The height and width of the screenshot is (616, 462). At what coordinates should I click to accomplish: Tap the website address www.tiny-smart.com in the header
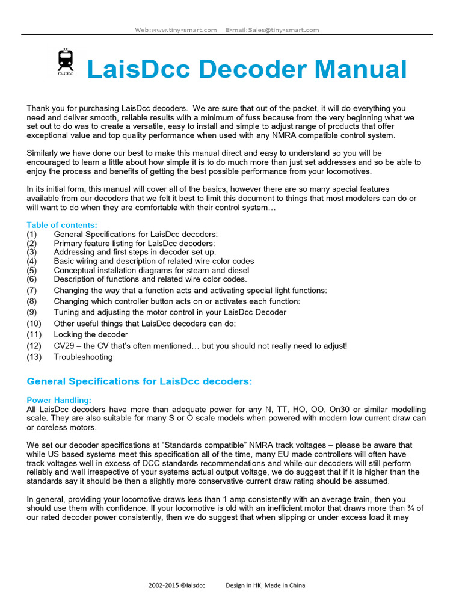tap(183, 29)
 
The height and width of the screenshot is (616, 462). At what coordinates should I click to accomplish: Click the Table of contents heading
tap(61, 225)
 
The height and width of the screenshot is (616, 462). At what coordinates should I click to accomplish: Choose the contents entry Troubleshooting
tap(83, 357)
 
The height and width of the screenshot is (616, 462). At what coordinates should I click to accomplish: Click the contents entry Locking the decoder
tap(91, 334)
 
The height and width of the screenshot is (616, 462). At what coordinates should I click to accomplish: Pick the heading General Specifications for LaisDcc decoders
tap(140, 381)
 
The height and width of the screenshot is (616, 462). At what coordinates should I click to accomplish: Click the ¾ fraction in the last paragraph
tap(419, 508)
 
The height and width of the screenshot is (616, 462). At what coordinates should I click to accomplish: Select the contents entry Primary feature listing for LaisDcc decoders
tap(134, 243)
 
